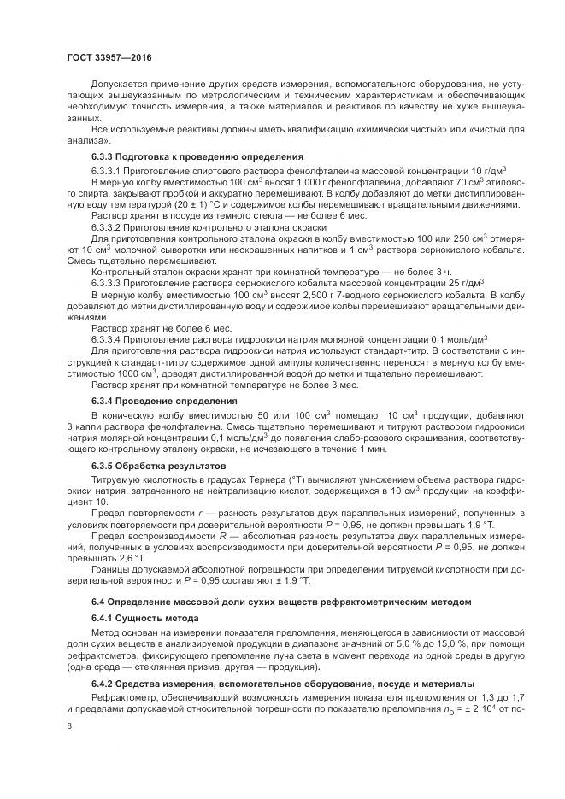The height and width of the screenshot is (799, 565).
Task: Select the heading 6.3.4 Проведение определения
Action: click(x=152, y=401)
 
